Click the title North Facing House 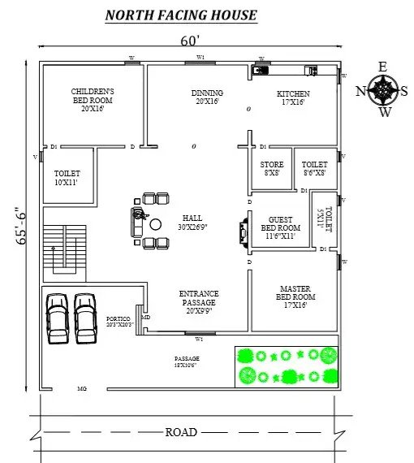coord(181,15)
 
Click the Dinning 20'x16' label coord(207,97)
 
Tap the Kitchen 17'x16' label coord(292,97)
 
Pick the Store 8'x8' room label coord(272,167)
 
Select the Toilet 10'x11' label coord(67,179)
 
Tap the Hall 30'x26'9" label coord(192,223)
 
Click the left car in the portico coord(58,317)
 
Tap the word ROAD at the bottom coord(181,432)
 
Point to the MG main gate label coord(82,390)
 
